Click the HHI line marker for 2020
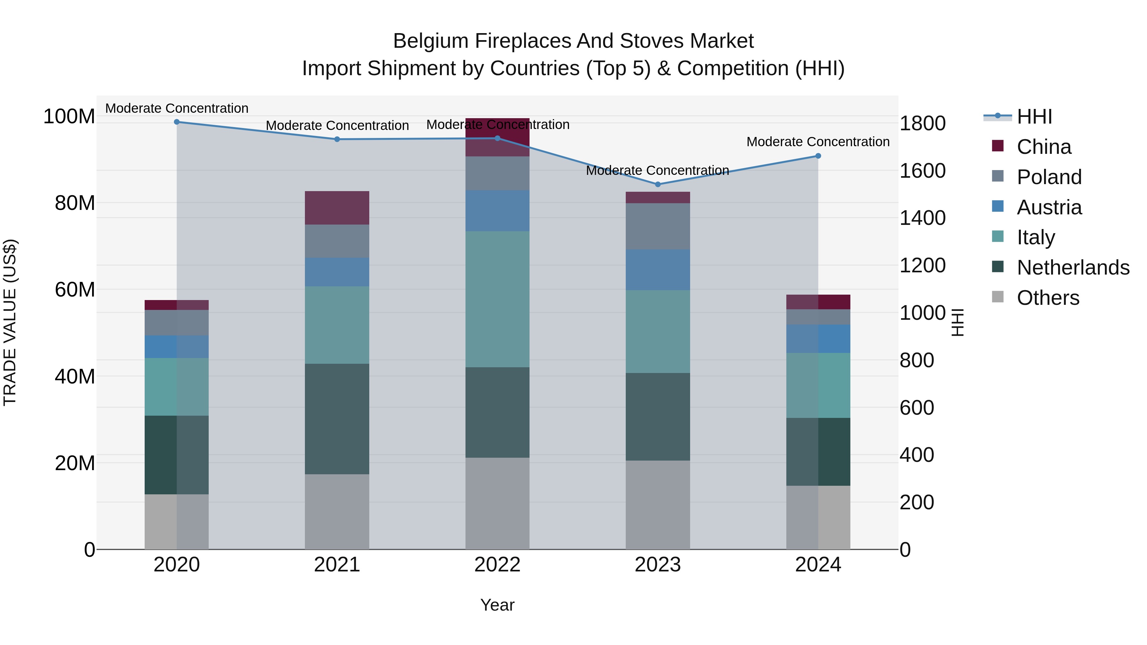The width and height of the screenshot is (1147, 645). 177,122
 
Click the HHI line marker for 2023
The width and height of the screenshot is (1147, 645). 658,184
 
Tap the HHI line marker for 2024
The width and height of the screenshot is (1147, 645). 818,156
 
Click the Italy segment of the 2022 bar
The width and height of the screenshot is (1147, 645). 497,299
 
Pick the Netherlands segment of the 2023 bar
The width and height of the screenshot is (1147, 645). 658,416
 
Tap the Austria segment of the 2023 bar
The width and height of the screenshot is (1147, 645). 658,270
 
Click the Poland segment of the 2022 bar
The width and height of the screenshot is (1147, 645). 497,173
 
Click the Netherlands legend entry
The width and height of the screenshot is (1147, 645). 1073,268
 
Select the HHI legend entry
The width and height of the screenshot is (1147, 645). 1034,117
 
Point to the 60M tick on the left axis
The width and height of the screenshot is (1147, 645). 75,289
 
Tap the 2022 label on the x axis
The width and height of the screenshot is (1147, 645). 497,565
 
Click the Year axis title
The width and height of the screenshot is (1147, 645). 497,605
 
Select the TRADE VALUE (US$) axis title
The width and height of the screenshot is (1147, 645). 10,322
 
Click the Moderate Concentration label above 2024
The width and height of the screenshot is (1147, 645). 818,141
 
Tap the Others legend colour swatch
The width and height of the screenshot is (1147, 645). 998,297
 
